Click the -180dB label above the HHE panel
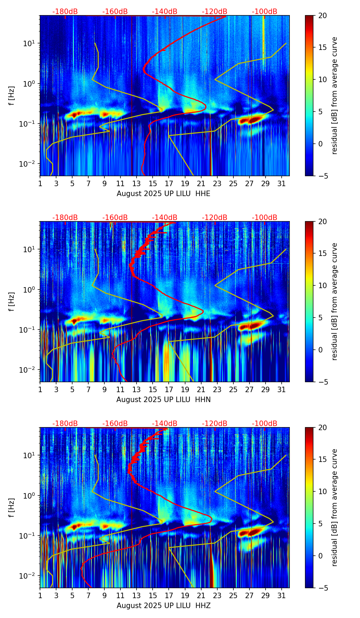pos(65,12)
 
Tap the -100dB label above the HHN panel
pos(265,218)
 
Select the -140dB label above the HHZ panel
pos(165,424)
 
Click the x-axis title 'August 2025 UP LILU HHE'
pos(163,194)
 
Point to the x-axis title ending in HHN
pos(163,400)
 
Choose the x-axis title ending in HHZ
pos(163,606)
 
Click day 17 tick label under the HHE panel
pos(169,184)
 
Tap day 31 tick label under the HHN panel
pos(282,390)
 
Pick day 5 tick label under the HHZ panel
pos(72,596)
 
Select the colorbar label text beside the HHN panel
pos(335,301)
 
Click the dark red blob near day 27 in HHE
pos(252,120)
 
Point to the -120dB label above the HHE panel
pos(215,12)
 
